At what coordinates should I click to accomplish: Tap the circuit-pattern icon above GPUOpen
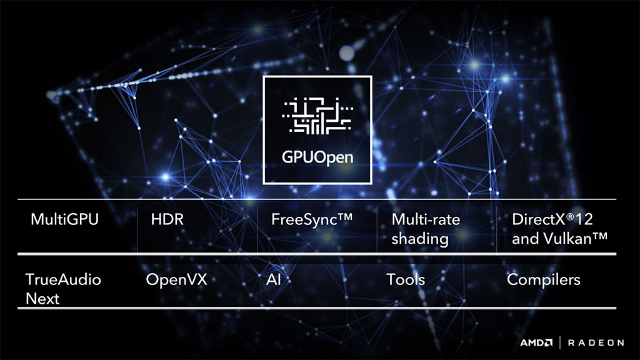(x=317, y=115)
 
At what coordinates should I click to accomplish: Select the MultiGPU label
(x=64, y=220)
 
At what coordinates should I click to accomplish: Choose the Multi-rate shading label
(x=426, y=229)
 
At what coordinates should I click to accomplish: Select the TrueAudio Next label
(x=63, y=288)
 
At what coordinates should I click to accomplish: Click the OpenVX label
(x=176, y=279)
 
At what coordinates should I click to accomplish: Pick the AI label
(x=273, y=279)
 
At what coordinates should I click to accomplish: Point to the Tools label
(x=406, y=279)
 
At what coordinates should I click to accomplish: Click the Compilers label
(x=544, y=279)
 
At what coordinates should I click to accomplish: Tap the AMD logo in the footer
(x=536, y=342)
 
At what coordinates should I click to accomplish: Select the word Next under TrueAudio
(x=42, y=298)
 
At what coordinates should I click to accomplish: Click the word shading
(x=420, y=239)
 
